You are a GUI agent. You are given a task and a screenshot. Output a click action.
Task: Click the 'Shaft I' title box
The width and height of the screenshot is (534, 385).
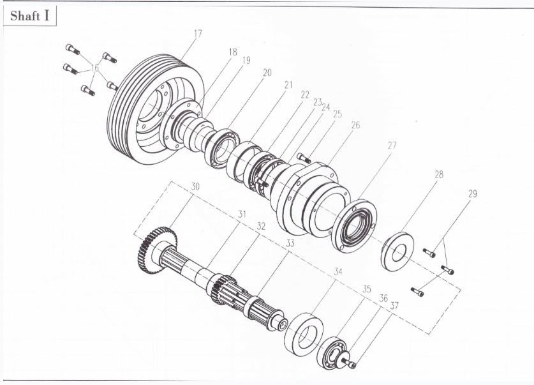(x=29, y=16)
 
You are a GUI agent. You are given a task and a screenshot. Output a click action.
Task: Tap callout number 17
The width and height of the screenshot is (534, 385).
(x=198, y=34)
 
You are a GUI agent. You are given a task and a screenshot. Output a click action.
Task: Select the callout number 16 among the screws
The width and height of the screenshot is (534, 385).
(x=94, y=68)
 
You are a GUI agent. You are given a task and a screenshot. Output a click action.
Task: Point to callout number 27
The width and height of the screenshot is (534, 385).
(x=392, y=146)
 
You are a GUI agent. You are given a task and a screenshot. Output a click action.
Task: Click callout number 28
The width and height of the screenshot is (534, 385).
(x=439, y=174)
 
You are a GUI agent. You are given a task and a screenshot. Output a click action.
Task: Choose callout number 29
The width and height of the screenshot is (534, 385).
(x=472, y=194)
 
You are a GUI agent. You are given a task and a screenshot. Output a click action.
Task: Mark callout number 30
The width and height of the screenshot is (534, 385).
(x=195, y=186)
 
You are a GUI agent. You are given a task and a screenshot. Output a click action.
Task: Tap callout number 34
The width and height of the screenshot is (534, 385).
(x=337, y=271)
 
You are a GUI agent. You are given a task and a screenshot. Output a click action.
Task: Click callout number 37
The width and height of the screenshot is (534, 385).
(x=394, y=306)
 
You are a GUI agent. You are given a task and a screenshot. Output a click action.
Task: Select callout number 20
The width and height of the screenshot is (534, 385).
(x=267, y=73)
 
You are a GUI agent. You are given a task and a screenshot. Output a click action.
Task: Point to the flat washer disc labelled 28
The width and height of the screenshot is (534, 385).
(x=397, y=251)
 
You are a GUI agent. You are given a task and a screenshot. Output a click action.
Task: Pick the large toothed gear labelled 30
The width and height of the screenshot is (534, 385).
(x=158, y=250)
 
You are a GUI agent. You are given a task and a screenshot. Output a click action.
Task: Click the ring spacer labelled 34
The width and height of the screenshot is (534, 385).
(x=304, y=335)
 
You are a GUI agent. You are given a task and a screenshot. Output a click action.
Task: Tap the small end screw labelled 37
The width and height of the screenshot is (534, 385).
(x=349, y=363)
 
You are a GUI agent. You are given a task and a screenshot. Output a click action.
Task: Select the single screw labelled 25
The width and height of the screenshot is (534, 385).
(x=304, y=158)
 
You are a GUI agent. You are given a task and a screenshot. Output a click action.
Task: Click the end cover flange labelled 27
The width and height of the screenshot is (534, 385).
(x=354, y=226)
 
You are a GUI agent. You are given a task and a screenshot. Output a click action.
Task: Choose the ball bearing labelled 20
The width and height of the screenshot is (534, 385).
(x=222, y=149)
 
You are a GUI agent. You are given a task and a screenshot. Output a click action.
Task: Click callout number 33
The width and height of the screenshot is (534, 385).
(x=290, y=243)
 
